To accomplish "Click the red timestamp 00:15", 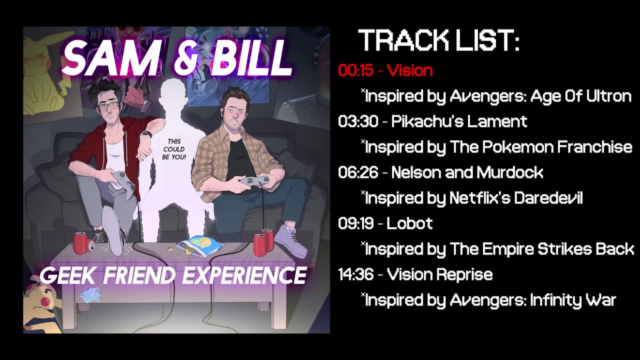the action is coord(355,70).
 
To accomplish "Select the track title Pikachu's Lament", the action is coord(459,121).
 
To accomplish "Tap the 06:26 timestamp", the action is coord(358,172).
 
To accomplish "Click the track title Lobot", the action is coord(409,223).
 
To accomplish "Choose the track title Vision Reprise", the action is coord(440,275).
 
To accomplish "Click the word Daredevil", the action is coord(548,198).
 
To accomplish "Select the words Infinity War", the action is coord(573,300).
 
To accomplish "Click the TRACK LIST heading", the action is coord(438,40).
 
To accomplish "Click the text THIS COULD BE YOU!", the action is coord(174,149).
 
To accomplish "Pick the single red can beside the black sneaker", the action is coord(80,243).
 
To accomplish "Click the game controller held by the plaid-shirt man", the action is coord(254,180).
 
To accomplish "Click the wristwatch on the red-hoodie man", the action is coord(146,134).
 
